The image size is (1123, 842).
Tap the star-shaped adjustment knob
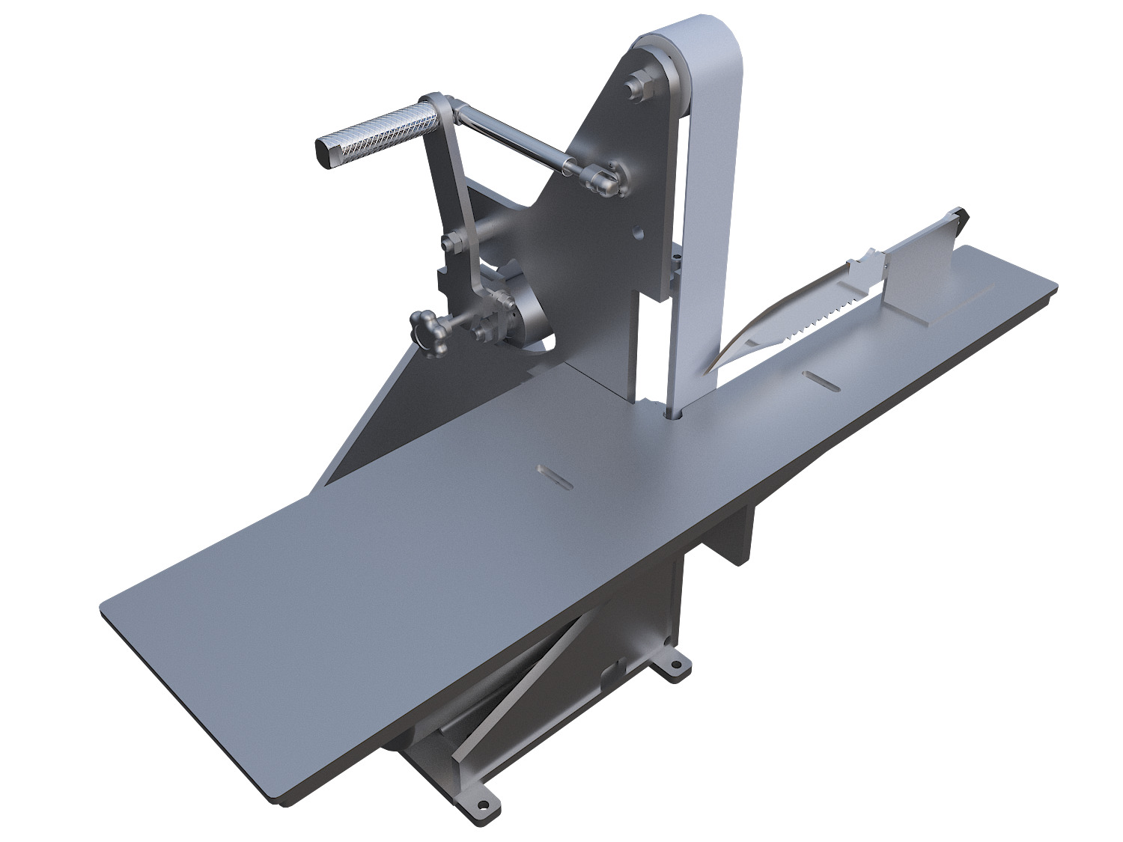pyautogui.click(x=426, y=329)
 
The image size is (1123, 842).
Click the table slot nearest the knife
pyautogui.click(x=821, y=380)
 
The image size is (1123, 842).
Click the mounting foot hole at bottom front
pyautogui.click(x=484, y=806)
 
